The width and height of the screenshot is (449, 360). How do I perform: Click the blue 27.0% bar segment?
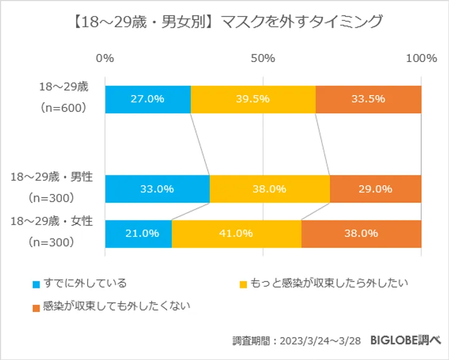(148, 99)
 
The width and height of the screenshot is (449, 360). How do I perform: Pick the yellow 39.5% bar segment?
(253, 99)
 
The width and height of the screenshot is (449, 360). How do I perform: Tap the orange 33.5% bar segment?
(368, 99)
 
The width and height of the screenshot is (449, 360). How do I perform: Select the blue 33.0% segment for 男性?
(157, 189)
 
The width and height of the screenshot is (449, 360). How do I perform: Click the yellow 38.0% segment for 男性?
(269, 189)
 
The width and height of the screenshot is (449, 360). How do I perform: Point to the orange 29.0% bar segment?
(376, 189)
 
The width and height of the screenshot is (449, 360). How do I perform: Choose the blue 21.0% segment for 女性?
(138, 233)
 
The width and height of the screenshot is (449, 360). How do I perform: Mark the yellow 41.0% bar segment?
(236, 233)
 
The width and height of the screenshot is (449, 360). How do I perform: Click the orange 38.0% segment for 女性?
(361, 233)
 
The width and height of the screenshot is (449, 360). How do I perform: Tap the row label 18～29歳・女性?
(52, 221)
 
